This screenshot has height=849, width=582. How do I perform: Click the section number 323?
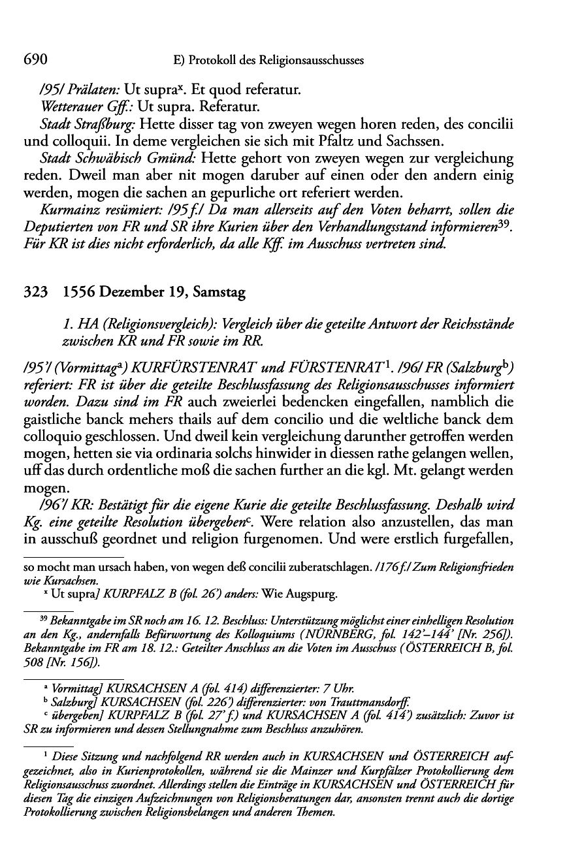click(x=35, y=293)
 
